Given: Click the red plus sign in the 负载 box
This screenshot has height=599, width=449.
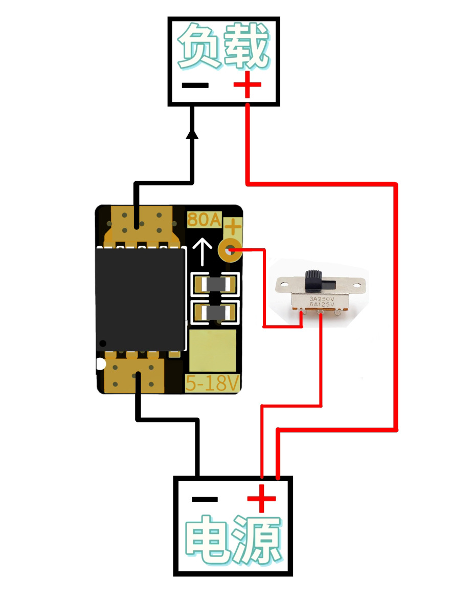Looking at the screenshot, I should point(248,84).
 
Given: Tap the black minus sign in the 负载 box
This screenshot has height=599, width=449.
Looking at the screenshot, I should point(195,85).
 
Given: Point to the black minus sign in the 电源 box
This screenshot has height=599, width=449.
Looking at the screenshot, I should point(205,499).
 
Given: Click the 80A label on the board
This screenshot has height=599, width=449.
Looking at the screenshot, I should point(204,220).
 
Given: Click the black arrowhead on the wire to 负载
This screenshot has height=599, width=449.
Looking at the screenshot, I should point(192,134).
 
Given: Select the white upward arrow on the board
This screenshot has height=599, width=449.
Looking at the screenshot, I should point(203,251).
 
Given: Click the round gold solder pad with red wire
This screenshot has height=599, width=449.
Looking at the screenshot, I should point(230,250).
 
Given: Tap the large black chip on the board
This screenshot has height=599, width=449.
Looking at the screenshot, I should point(140,298).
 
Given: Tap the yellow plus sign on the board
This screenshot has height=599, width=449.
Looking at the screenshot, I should point(233,226).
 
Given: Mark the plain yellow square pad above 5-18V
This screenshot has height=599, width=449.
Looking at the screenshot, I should point(212,351).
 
